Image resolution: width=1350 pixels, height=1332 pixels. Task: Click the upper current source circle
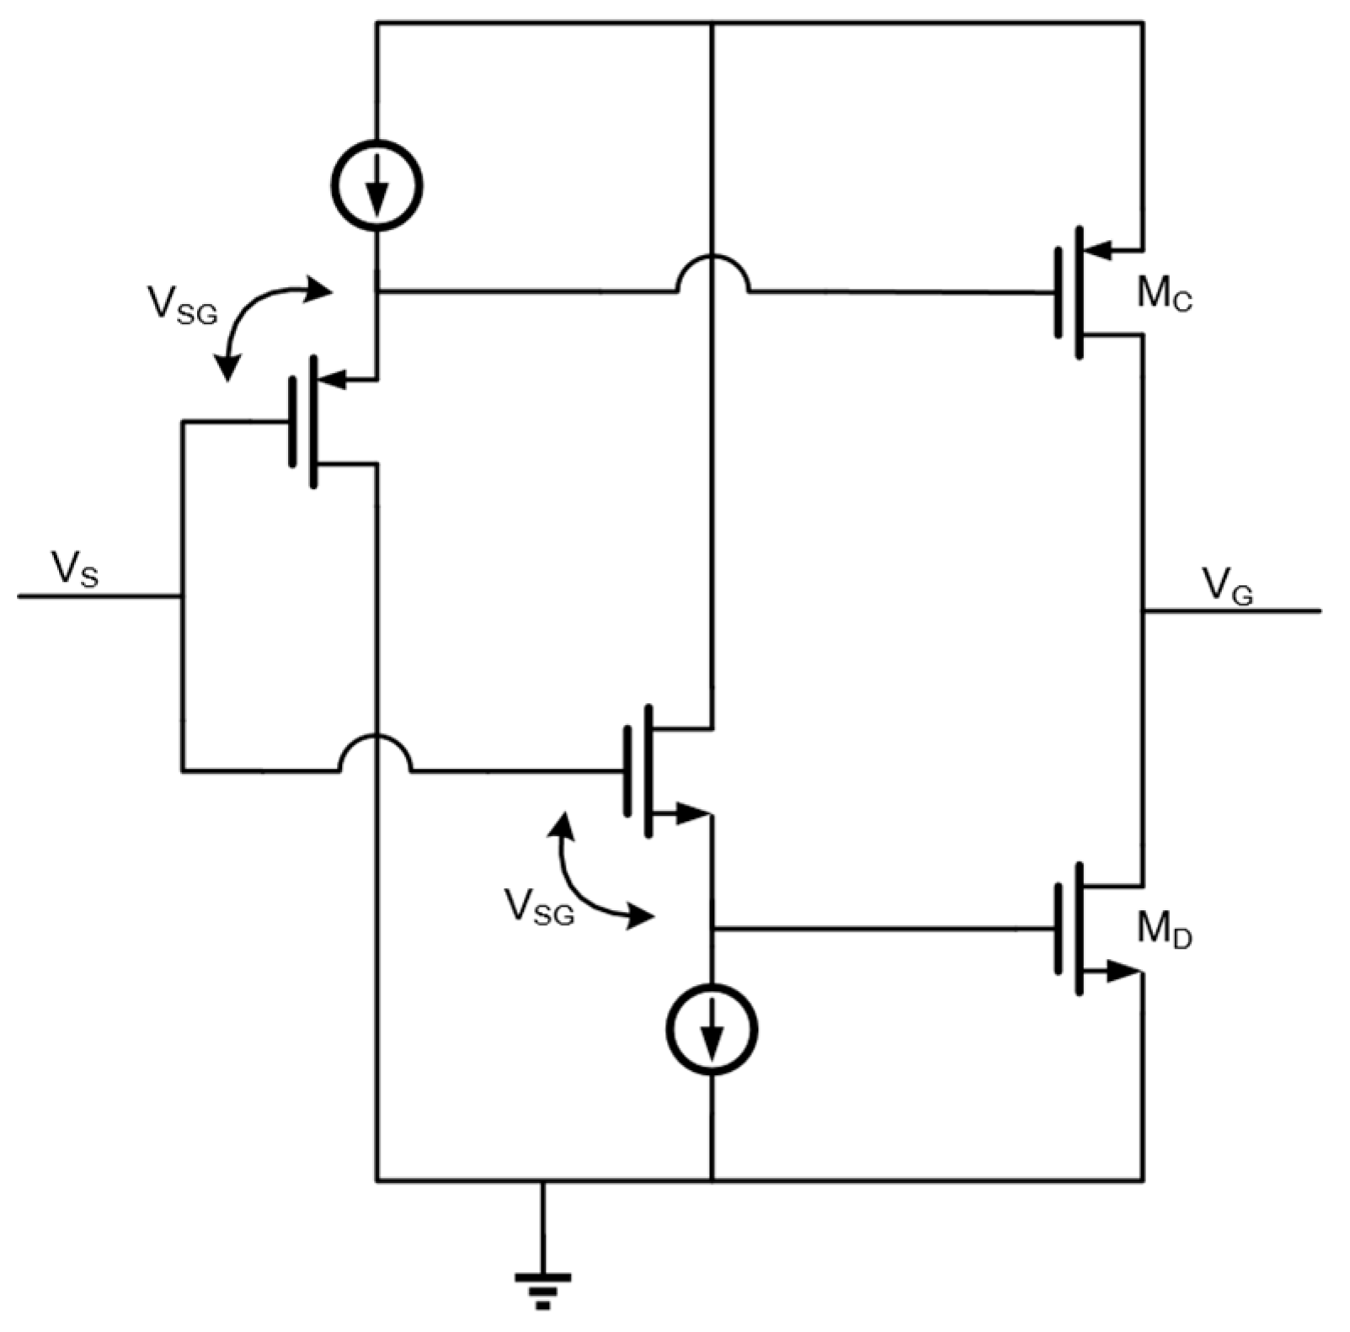[x=376, y=185]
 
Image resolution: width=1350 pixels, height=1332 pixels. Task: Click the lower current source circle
[x=712, y=1030]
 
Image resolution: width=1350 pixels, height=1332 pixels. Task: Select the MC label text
[x=1165, y=295]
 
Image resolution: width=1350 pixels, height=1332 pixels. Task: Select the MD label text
[x=1165, y=930]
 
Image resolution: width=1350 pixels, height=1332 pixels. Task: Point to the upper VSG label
[x=182, y=305]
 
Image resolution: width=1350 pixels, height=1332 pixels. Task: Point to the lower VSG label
[x=539, y=908]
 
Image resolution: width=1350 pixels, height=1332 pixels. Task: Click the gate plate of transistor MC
[x=1058, y=292]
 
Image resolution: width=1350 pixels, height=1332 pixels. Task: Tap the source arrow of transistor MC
[x=1095, y=249]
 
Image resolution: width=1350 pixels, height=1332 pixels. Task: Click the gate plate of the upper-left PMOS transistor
[x=292, y=422]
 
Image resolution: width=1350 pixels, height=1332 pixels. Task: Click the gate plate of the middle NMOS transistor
[x=627, y=771]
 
